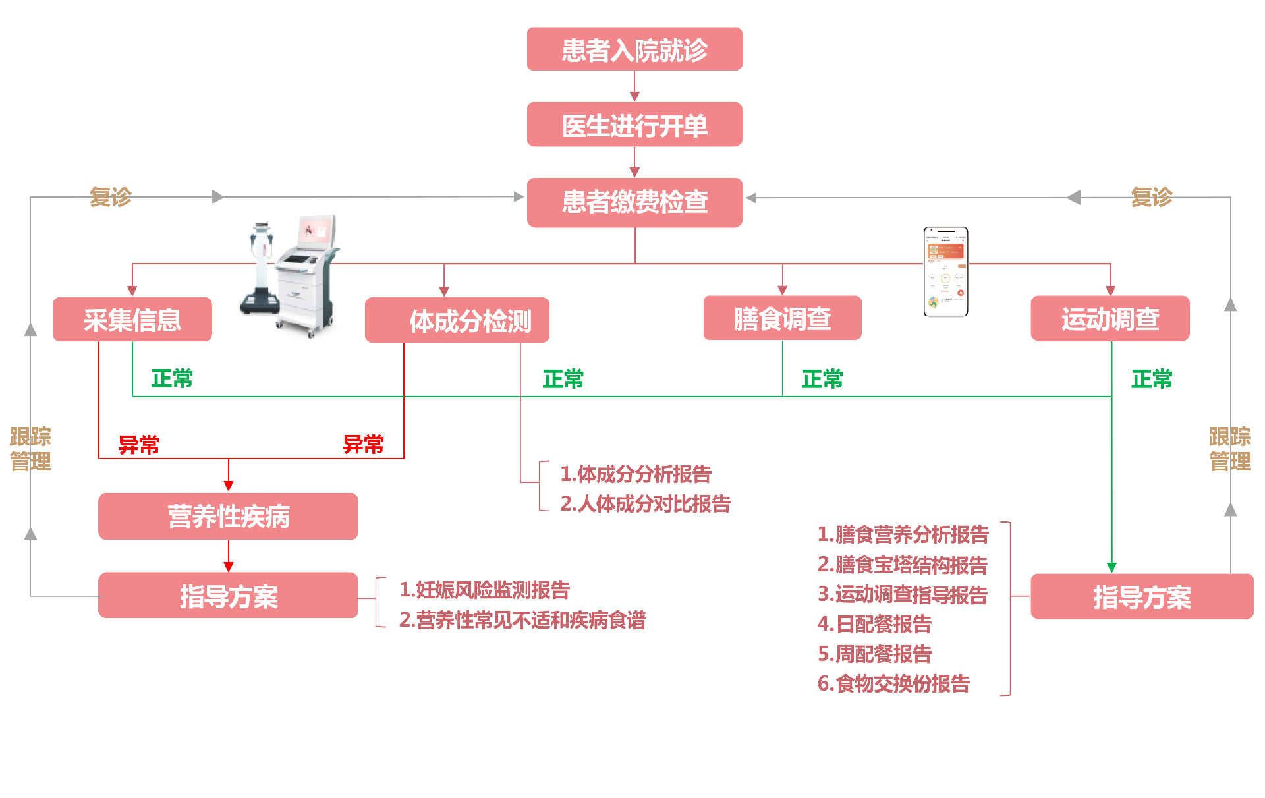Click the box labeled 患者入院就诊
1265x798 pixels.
pos(634,49)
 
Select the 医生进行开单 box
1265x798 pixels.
pos(634,125)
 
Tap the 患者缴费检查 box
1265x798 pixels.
pos(634,202)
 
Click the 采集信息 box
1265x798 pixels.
pos(132,320)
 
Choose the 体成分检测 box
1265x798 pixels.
pos(457,320)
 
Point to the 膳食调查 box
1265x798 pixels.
pos(782,318)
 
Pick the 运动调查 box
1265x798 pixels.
pos(1110,319)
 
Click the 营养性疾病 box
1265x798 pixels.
pos(228,517)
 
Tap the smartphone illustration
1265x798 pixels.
pos(945,271)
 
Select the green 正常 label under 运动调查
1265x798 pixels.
pos(1152,379)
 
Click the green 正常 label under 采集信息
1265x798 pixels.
pos(172,379)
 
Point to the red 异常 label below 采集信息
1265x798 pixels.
pos(138,445)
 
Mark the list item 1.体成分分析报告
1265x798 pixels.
pos(636,474)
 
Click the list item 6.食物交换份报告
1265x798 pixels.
pos(893,683)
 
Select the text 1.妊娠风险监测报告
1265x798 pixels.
pos(484,590)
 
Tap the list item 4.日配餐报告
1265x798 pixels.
pos(874,623)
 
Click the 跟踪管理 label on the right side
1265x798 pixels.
pos(1229,449)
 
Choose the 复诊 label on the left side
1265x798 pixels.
pos(111,196)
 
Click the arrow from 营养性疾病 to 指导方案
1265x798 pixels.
pos(229,556)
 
